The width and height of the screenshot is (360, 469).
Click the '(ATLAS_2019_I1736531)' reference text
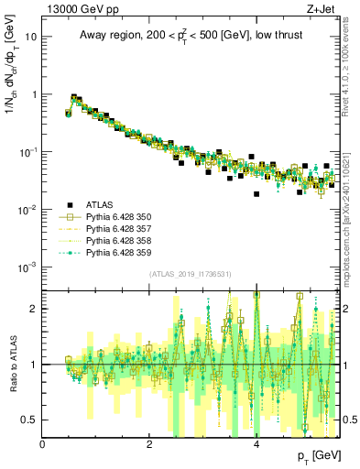click(x=191, y=275)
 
